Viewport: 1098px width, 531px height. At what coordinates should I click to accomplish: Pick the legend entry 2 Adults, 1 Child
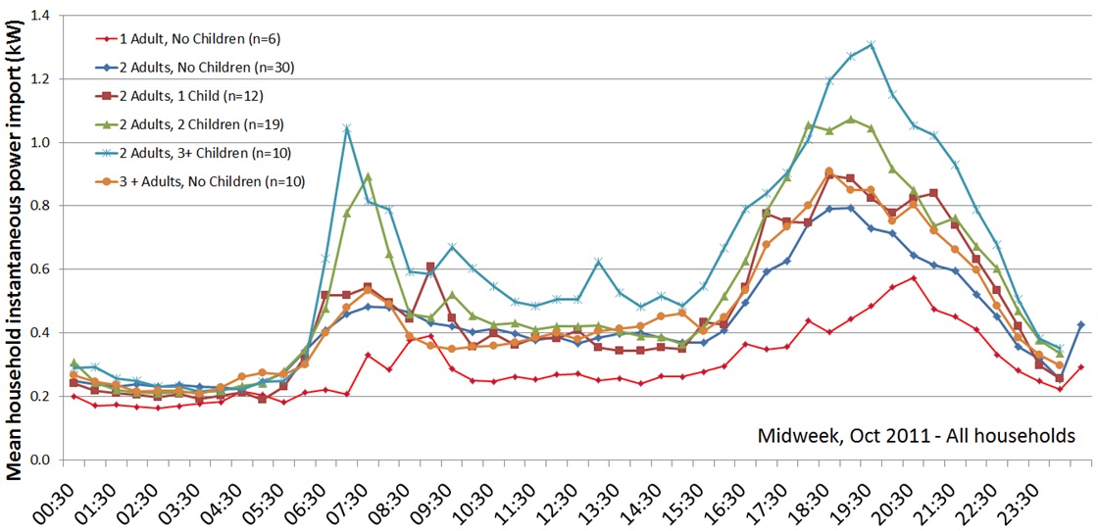pyautogui.click(x=176, y=95)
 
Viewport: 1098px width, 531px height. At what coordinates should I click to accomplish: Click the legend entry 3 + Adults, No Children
pyautogui.click(x=192, y=180)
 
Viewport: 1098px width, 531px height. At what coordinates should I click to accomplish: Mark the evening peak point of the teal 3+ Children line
pyautogui.click(x=872, y=44)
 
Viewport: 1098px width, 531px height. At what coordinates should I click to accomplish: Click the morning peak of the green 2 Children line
pyautogui.click(x=368, y=176)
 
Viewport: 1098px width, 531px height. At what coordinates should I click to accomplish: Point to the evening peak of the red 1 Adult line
pyautogui.click(x=914, y=278)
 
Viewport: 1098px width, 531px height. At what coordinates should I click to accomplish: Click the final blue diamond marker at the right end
pyautogui.click(x=1081, y=324)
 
